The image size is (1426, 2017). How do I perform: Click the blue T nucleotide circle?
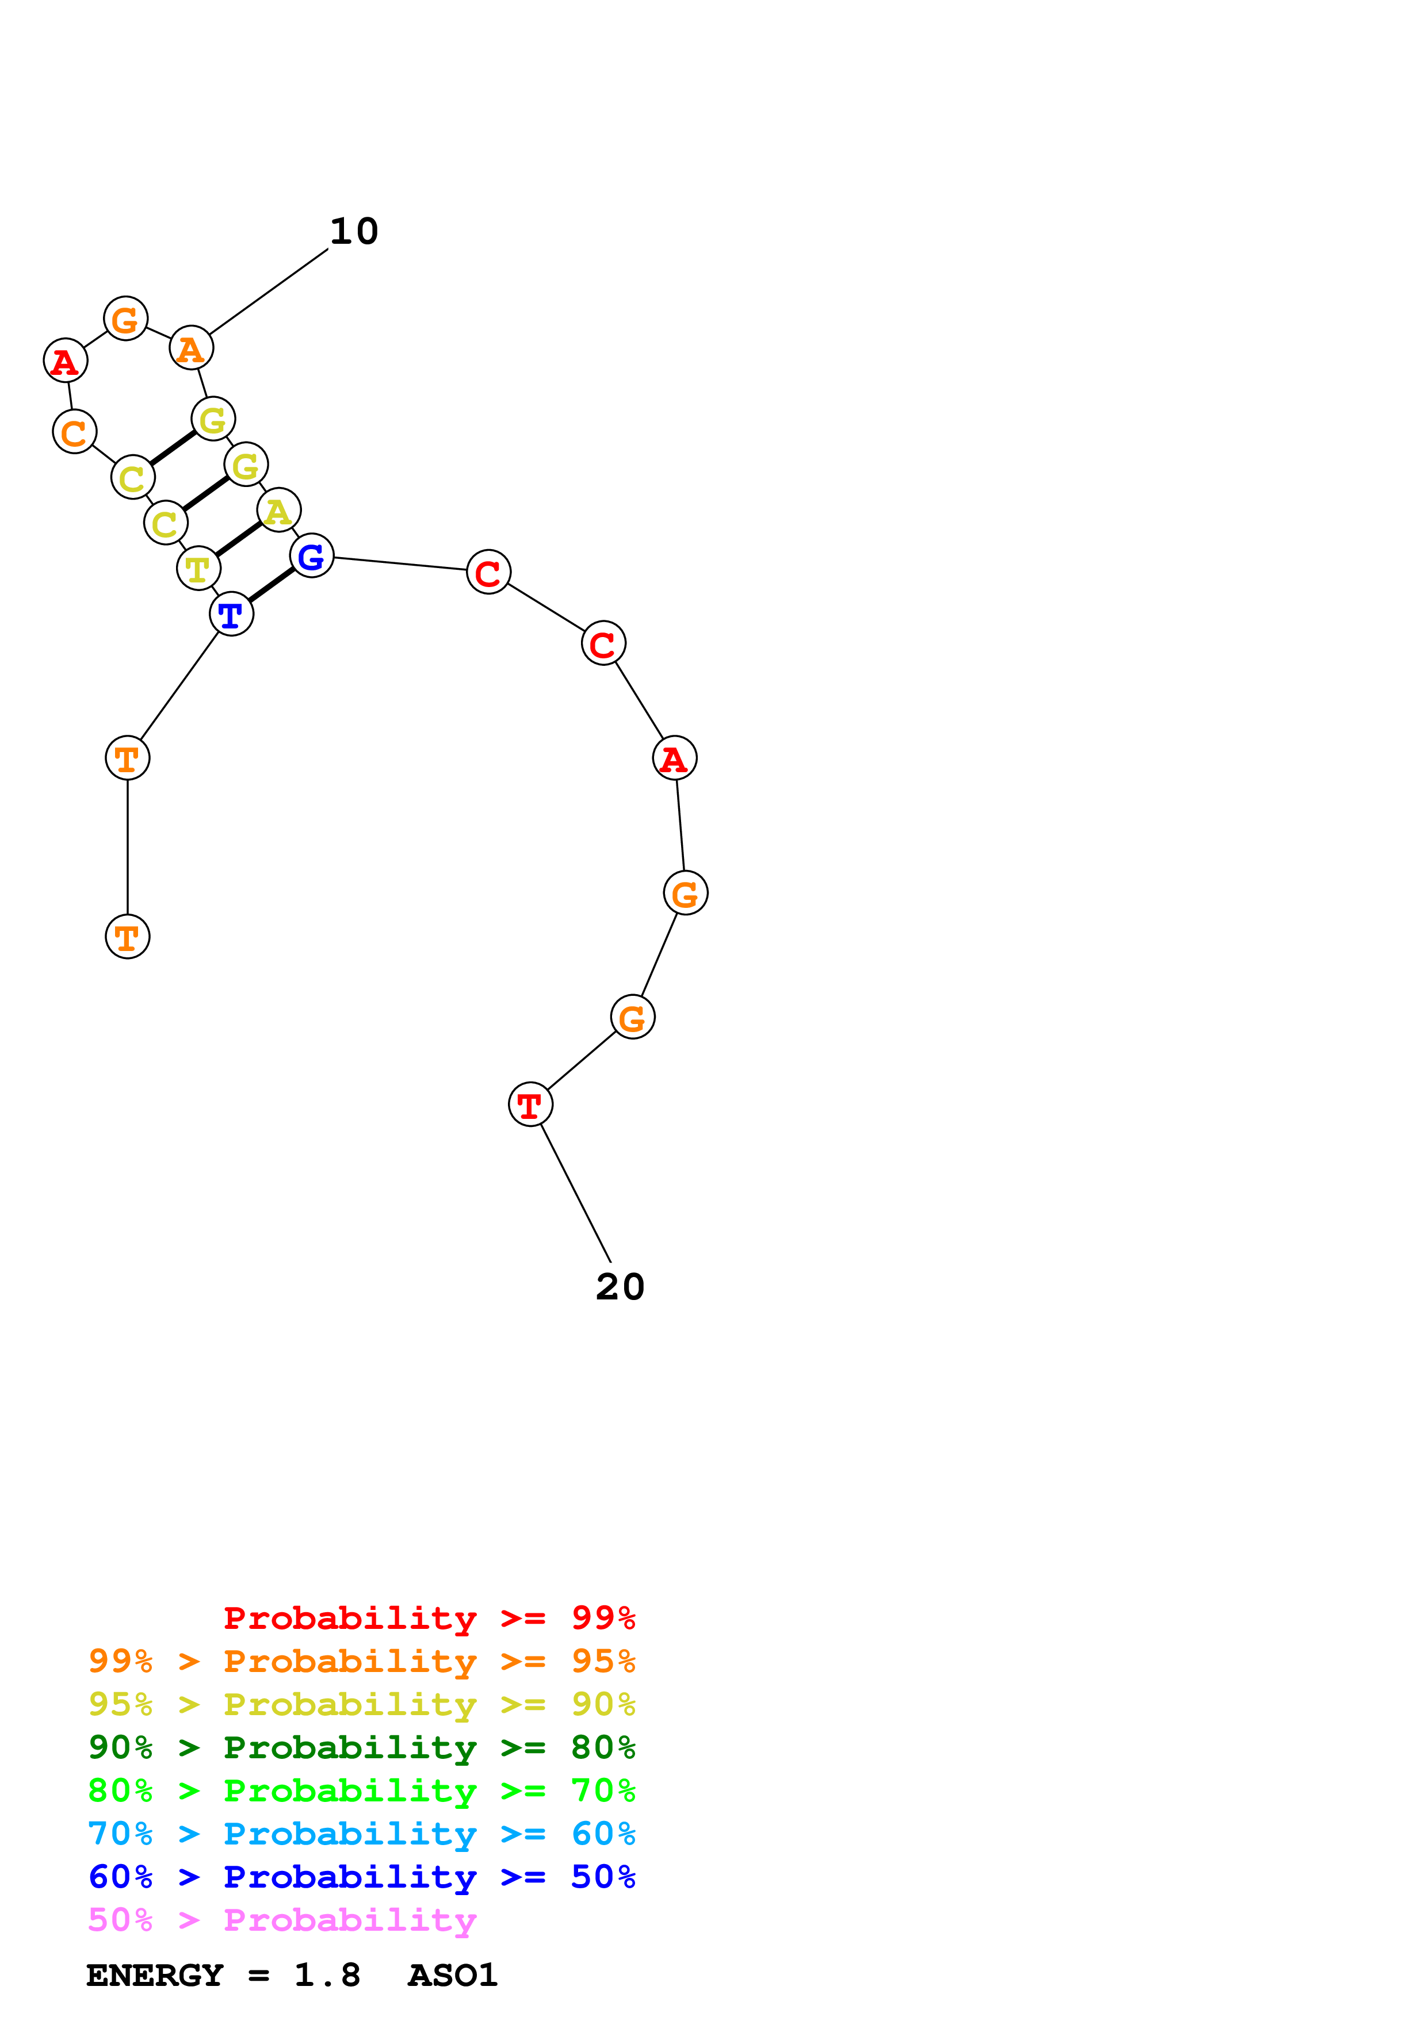231,614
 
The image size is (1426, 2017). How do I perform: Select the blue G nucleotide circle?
311,555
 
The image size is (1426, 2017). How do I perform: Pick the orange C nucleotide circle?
75,431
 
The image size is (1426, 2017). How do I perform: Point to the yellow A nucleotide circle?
278,511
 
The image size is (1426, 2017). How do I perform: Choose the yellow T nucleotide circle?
198,569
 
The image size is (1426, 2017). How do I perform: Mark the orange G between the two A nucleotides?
125,319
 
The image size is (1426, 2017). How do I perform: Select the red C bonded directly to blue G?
488,572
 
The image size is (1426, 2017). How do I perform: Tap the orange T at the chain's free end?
127,937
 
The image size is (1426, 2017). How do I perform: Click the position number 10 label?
354,231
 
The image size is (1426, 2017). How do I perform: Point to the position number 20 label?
620,1287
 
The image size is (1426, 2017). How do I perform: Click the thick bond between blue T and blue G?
272,585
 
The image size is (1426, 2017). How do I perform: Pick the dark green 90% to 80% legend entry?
362,1747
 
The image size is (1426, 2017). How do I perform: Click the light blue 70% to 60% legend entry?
362,1834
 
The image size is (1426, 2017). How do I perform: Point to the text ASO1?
453,1975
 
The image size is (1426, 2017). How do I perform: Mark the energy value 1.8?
327,1975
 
